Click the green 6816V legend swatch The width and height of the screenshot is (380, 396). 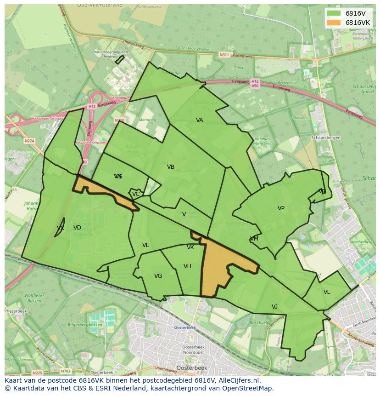[334, 13]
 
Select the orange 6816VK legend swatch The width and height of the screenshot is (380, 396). [334, 23]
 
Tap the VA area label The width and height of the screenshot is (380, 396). [200, 120]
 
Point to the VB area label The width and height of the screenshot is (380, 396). [171, 167]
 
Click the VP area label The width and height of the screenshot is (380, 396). [281, 208]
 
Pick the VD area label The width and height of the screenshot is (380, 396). [77, 228]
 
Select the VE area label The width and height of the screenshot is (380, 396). [146, 245]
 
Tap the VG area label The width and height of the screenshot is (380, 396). [158, 276]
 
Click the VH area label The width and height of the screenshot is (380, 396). [187, 266]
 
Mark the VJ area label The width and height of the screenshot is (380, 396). [274, 307]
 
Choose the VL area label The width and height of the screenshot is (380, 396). [327, 292]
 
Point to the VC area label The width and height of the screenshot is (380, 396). [136, 194]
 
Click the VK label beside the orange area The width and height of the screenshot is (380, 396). [190, 247]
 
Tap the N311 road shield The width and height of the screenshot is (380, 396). [224, 55]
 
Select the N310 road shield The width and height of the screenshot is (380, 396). [119, 121]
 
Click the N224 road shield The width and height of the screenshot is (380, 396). [29, 141]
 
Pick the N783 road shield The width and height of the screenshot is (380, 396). [66, 371]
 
